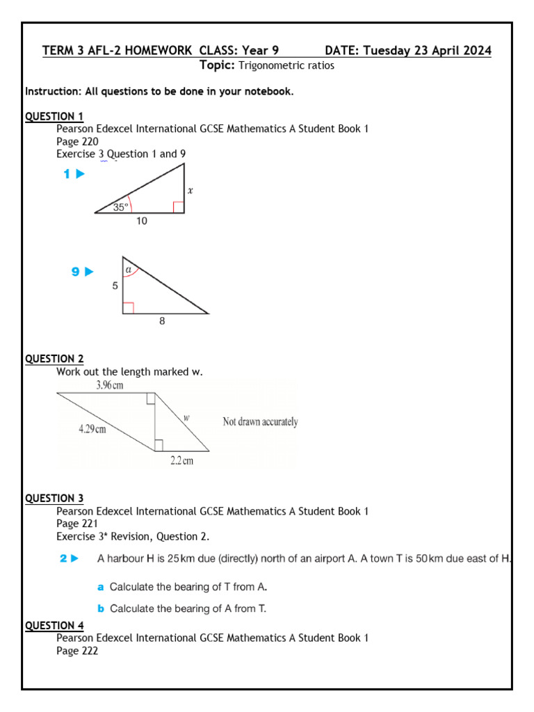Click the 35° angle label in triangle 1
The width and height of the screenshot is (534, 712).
pyautogui.click(x=121, y=207)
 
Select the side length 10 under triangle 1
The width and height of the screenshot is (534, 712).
pyautogui.click(x=142, y=221)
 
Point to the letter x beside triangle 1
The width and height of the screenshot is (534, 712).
pyautogui.click(x=191, y=189)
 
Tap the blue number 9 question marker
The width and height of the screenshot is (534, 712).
pyautogui.click(x=76, y=272)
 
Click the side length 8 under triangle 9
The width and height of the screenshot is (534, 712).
pyautogui.click(x=162, y=321)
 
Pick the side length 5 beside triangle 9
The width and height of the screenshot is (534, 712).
pyautogui.click(x=115, y=285)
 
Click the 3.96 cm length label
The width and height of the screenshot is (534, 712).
pyautogui.click(x=109, y=385)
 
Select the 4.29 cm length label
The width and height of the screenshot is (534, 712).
pyautogui.click(x=92, y=429)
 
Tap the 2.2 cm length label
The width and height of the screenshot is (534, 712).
pyautogui.click(x=181, y=460)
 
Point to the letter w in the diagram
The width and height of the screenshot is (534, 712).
pyautogui.click(x=186, y=418)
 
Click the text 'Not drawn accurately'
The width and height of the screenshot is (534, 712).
pyautogui.click(x=260, y=422)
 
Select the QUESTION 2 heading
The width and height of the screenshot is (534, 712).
pyautogui.click(x=54, y=359)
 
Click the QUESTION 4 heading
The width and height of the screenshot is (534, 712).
pyautogui.click(x=54, y=625)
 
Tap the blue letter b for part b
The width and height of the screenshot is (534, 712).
pyautogui.click(x=101, y=608)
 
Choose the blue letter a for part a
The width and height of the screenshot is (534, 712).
pyautogui.click(x=101, y=587)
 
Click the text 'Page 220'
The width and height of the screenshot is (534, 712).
pyautogui.click(x=77, y=141)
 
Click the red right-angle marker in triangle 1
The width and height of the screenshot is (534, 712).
pyautogui.click(x=179, y=207)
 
